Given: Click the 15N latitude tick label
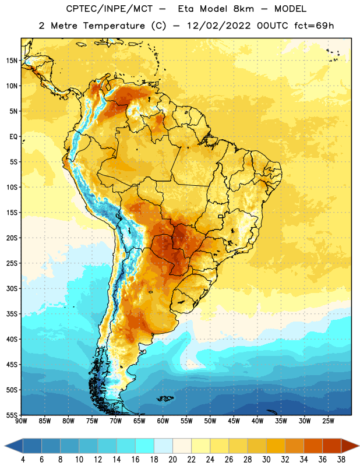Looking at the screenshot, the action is (x=12, y=61).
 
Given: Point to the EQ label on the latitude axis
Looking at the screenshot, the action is (x=13, y=137).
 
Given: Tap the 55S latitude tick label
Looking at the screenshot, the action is (x=12, y=415).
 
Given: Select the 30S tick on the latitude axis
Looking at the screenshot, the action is (x=12, y=288).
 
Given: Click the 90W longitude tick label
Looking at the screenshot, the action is (x=21, y=421).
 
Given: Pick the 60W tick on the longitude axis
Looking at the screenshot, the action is (x=163, y=421).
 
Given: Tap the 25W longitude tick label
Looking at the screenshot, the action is (x=328, y=421).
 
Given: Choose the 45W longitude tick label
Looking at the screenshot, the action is (x=234, y=421).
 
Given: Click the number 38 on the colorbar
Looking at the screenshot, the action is (x=341, y=460).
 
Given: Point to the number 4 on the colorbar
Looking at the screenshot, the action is (x=23, y=460).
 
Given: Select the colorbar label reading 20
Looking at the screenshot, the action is (x=172, y=460).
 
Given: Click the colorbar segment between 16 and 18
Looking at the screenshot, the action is (x=144, y=446).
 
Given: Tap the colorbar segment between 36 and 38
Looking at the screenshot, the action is (x=332, y=446).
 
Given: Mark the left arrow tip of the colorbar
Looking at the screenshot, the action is (x=5, y=446).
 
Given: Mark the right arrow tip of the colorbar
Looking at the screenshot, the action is (x=359, y=446).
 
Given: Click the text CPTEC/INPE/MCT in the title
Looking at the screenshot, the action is (x=109, y=9).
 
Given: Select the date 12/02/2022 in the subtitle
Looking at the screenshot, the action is (x=218, y=26).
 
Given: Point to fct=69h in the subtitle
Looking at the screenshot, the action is (x=314, y=26).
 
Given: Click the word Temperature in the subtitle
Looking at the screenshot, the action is (x=114, y=26).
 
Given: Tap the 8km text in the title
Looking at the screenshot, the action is (x=243, y=9).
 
